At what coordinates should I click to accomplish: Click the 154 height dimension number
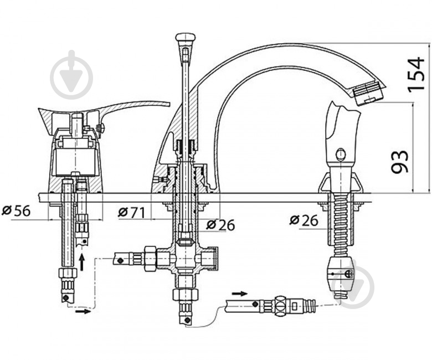pyautogui.click(x=416, y=74)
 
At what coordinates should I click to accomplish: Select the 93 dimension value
pyautogui.click(x=399, y=161)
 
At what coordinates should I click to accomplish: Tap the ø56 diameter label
pyautogui.click(x=16, y=210)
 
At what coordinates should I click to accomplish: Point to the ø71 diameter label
pyautogui.click(x=132, y=212)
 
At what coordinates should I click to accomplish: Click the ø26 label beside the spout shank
pyautogui.click(x=220, y=225)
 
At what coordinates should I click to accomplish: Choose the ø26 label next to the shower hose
pyautogui.click(x=304, y=220)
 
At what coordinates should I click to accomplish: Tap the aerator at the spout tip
pyautogui.click(x=368, y=94)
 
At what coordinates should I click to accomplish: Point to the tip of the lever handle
pyautogui.click(x=168, y=104)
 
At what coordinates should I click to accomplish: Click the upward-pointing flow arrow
pyautogui.click(x=81, y=262)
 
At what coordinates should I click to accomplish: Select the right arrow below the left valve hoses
pyautogui.click(x=83, y=311)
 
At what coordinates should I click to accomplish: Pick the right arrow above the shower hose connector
pyautogui.click(x=239, y=294)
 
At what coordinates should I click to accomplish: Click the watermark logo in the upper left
pyautogui.click(x=71, y=75)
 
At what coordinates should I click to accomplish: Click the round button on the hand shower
pyautogui.click(x=341, y=155)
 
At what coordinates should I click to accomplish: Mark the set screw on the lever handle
pyautogui.click(x=101, y=128)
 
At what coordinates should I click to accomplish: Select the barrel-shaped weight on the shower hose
pyautogui.click(x=340, y=273)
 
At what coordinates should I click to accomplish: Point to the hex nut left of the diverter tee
pyautogui.click(x=150, y=259)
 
